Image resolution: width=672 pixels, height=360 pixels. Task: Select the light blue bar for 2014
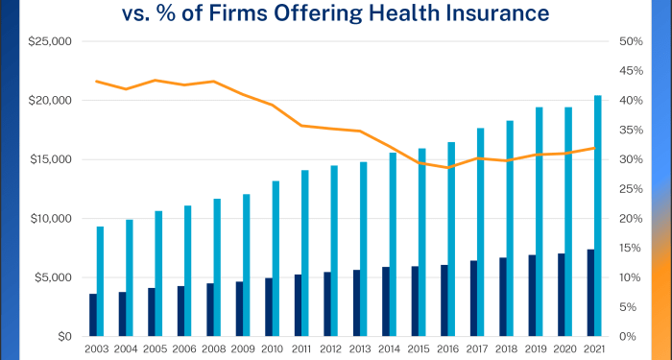(394, 244)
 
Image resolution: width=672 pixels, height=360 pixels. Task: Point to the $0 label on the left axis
(64, 336)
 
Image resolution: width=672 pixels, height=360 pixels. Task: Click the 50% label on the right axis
(631, 42)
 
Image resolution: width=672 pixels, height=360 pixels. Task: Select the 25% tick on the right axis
(631, 189)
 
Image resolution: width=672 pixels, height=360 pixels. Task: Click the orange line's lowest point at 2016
(448, 168)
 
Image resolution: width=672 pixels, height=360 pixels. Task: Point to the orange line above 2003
(97, 82)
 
